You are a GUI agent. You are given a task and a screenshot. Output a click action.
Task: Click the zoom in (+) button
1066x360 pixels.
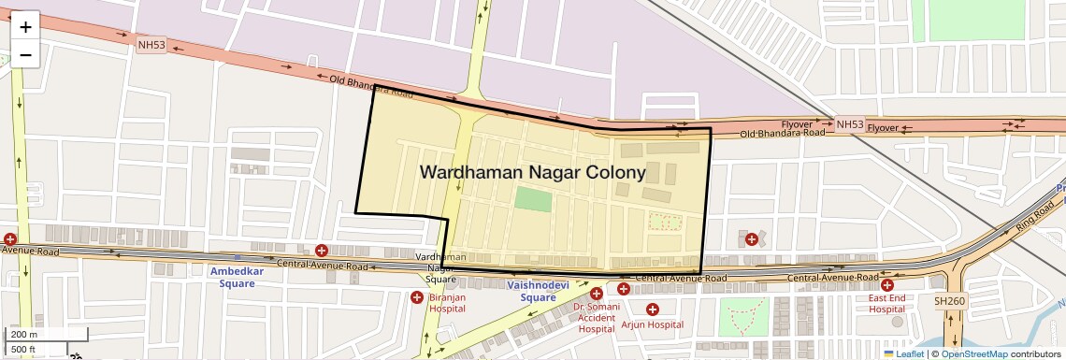pyautogui.click(x=25, y=27)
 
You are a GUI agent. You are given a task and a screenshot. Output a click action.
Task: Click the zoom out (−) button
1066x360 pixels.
pyautogui.click(x=25, y=55)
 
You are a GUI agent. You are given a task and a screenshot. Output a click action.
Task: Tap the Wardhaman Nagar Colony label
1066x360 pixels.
pyautogui.click(x=532, y=173)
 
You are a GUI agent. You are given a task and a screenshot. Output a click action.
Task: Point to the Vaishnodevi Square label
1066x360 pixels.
pyautogui.click(x=538, y=291)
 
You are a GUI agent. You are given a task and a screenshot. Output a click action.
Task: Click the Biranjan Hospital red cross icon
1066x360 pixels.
pyautogui.click(x=417, y=297)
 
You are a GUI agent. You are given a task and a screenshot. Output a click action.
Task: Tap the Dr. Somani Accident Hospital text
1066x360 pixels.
pyautogui.click(x=597, y=318)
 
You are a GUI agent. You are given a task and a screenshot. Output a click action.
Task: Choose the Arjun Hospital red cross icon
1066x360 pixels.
pyautogui.click(x=653, y=309)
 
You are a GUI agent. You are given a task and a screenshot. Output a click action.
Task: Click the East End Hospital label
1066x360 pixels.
pyautogui.click(x=886, y=303)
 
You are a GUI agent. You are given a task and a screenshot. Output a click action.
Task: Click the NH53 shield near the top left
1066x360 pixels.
pyautogui.click(x=151, y=44)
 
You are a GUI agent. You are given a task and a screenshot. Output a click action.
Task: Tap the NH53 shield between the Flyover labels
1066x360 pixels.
pyautogui.click(x=850, y=124)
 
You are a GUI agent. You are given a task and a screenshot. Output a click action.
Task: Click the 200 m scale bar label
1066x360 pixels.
pyautogui.click(x=25, y=334)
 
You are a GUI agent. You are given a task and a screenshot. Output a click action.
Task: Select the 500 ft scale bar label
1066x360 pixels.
pyautogui.click(x=25, y=350)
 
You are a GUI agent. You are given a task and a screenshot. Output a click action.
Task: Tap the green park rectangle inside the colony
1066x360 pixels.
pyautogui.click(x=533, y=198)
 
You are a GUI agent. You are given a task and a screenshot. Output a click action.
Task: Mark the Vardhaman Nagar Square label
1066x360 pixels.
pyautogui.click(x=440, y=267)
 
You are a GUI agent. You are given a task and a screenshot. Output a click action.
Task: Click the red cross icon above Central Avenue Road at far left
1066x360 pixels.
pyautogui.click(x=10, y=239)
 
